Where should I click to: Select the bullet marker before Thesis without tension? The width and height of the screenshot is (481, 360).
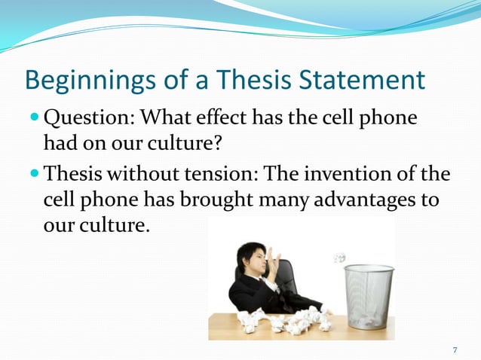(x=34, y=175)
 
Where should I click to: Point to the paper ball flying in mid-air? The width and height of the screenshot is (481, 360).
(x=340, y=258)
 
